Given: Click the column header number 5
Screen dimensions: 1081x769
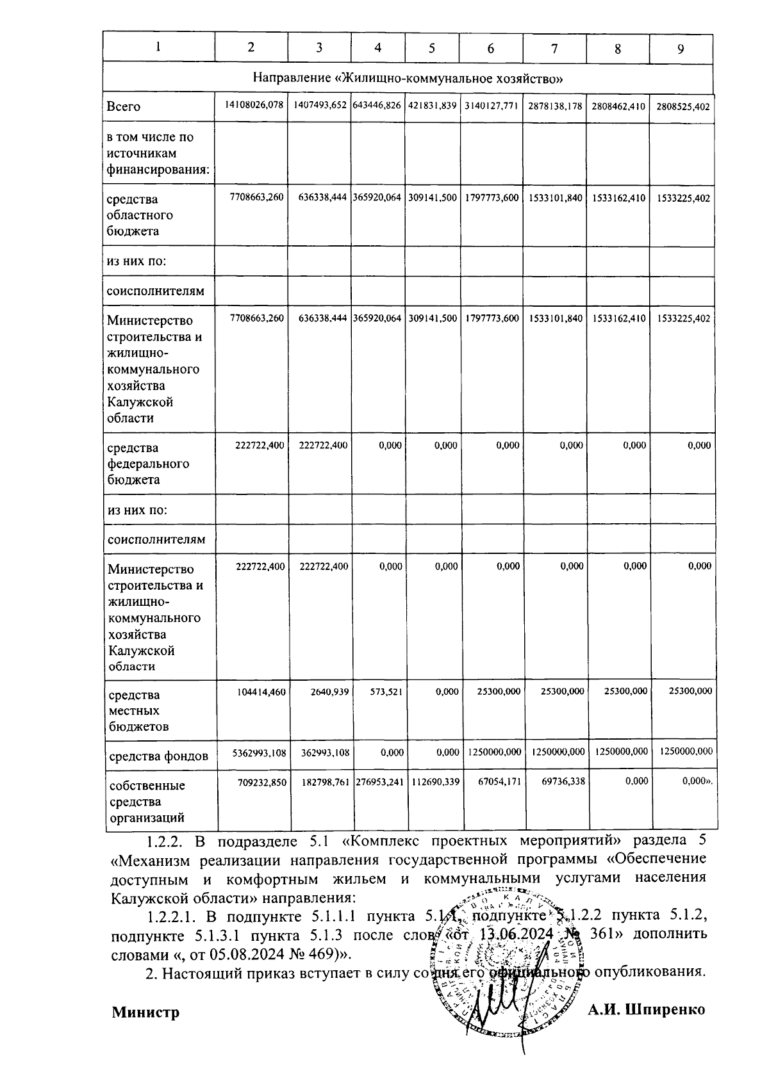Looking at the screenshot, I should [431, 47].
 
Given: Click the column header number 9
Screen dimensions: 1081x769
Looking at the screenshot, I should [681, 49].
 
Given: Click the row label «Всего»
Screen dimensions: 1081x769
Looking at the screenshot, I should [124, 107].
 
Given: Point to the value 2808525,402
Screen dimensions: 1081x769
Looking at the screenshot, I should [683, 107].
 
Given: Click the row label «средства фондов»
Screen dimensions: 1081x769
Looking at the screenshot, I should [158, 756].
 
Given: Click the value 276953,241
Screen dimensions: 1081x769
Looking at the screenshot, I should [378, 781].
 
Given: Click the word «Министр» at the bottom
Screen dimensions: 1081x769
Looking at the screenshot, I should [145, 1012].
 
